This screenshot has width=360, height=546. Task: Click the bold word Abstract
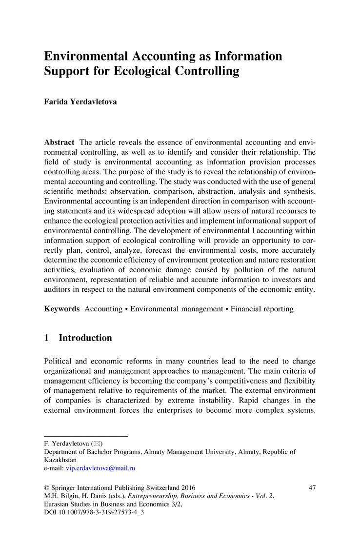59,142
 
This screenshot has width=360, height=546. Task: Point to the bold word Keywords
61,309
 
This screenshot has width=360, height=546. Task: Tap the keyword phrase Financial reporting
262,309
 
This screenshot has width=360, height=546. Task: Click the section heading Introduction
85,338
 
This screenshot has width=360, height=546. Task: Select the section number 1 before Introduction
47,338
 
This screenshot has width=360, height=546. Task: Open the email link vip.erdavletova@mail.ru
100,468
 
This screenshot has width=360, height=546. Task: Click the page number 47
314,487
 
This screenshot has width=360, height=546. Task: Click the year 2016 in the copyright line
187,487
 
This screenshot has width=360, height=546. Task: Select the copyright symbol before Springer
47,487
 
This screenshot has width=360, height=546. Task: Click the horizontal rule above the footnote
86,436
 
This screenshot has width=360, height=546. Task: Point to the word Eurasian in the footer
57,506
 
